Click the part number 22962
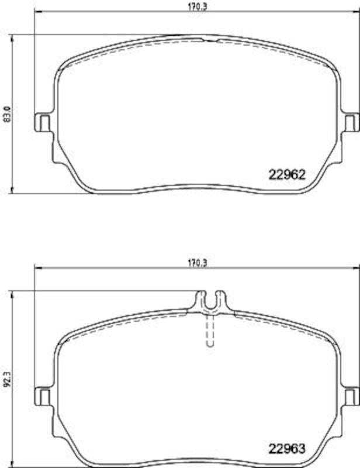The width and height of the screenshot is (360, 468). (287, 174)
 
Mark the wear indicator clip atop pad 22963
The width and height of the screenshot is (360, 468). (210, 300)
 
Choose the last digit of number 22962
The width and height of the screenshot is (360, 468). (302, 174)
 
